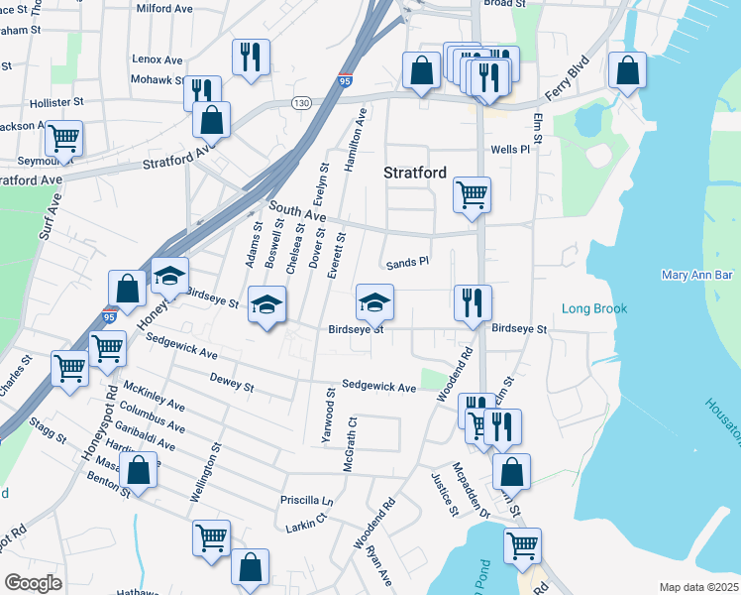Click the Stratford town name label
click(415, 173)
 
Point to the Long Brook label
click(594, 309)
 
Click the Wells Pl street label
click(510, 150)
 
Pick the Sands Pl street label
click(406, 263)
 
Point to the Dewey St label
click(232, 381)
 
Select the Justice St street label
click(442, 495)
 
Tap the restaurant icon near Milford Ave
click(250, 57)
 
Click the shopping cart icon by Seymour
click(63, 138)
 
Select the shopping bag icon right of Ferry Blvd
click(627, 69)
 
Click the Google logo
click(33, 582)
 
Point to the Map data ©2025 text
click(698, 587)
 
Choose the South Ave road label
click(298, 213)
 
